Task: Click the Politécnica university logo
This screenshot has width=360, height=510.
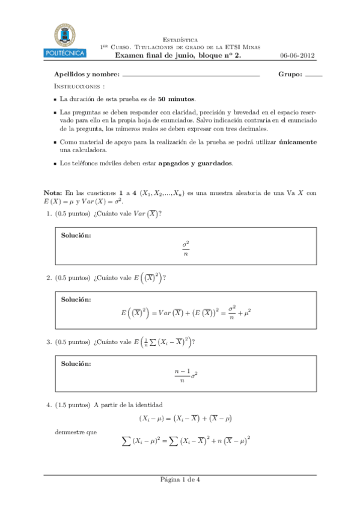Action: (x=66, y=40)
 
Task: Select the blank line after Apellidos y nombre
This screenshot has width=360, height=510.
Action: (x=191, y=76)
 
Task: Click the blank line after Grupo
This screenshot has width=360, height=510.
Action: (x=314, y=76)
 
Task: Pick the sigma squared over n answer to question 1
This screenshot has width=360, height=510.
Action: (x=186, y=248)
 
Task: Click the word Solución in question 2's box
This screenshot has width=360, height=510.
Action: (x=76, y=299)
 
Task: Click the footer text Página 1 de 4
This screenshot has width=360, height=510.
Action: (x=180, y=479)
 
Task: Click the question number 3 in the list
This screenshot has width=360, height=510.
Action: (x=48, y=342)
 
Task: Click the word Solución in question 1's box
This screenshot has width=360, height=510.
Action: (x=76, y=235)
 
